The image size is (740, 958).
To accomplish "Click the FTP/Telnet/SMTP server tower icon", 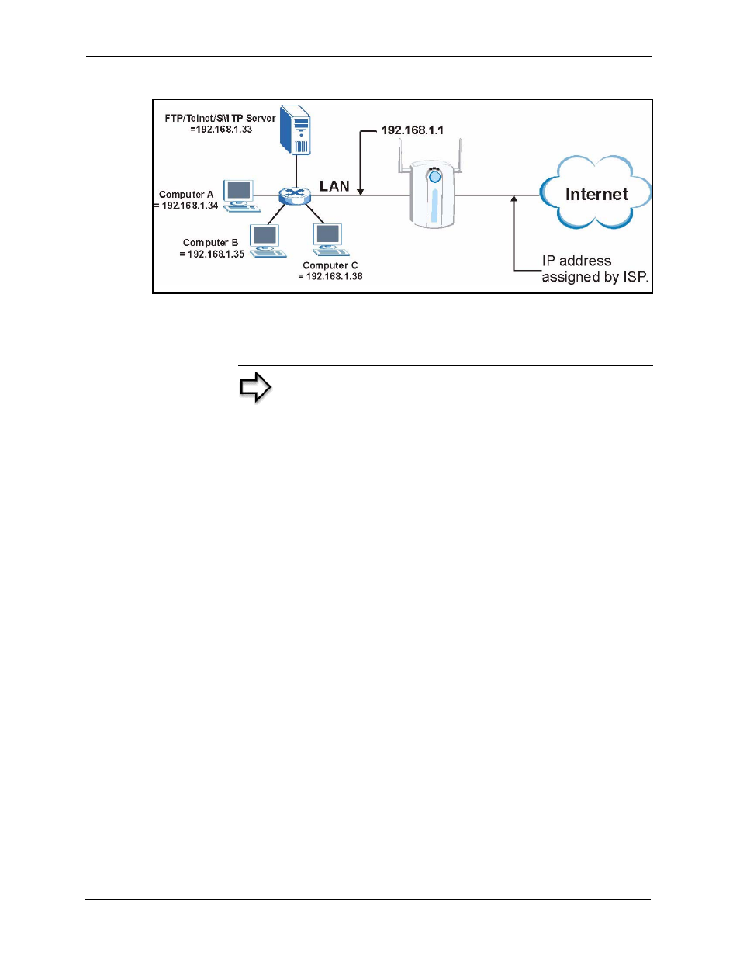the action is tap(296, 130).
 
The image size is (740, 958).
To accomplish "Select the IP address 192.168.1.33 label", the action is tap(221, 130).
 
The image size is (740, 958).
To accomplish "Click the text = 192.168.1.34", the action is tap(186, 206).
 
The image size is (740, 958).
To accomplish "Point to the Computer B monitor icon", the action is tap(267, 240).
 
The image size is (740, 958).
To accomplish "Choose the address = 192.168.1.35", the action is tap(212, 254).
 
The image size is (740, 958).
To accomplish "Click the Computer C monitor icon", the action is tap(329, 240).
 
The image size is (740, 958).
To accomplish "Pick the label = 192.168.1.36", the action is tap(330, 276).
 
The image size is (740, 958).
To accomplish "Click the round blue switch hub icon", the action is tap(295, 195).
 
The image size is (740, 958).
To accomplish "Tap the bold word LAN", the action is tap(334, 186).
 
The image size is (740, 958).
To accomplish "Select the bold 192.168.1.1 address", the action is tap(413, 130).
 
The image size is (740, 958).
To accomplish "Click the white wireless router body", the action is tap(432, 194).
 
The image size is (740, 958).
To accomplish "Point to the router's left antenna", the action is tap(402, 157).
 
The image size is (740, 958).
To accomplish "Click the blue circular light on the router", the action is tap(434, 177).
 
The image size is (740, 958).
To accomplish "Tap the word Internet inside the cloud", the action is tap(596, 194).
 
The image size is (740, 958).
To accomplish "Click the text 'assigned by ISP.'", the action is tap(595, 277).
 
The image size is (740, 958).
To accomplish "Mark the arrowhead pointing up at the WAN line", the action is tap(514, 199).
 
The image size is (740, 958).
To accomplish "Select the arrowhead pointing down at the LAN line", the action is tap(361, 192).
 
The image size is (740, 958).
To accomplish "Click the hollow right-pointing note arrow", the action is tap(255, 387).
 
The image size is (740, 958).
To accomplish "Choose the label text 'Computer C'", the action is tap(330, 265).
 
